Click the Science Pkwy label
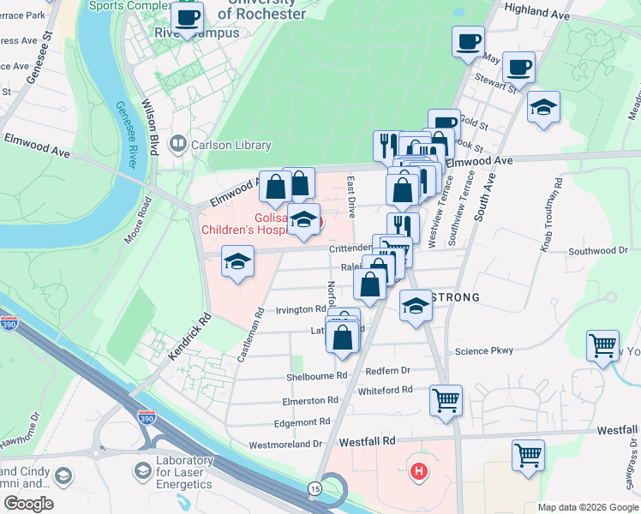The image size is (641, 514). [483, 351]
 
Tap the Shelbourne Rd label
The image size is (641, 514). [317, 376]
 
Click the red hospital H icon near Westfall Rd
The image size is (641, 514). [419, 470]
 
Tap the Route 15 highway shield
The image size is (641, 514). [315, 487]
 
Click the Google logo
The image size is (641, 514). [28, 503]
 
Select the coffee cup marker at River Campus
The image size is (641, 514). [187, 17]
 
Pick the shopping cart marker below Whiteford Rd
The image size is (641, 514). [446, 399]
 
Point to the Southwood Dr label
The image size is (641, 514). [599, 251]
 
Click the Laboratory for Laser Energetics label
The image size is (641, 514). [183, 472]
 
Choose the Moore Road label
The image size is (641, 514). [138, 220]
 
